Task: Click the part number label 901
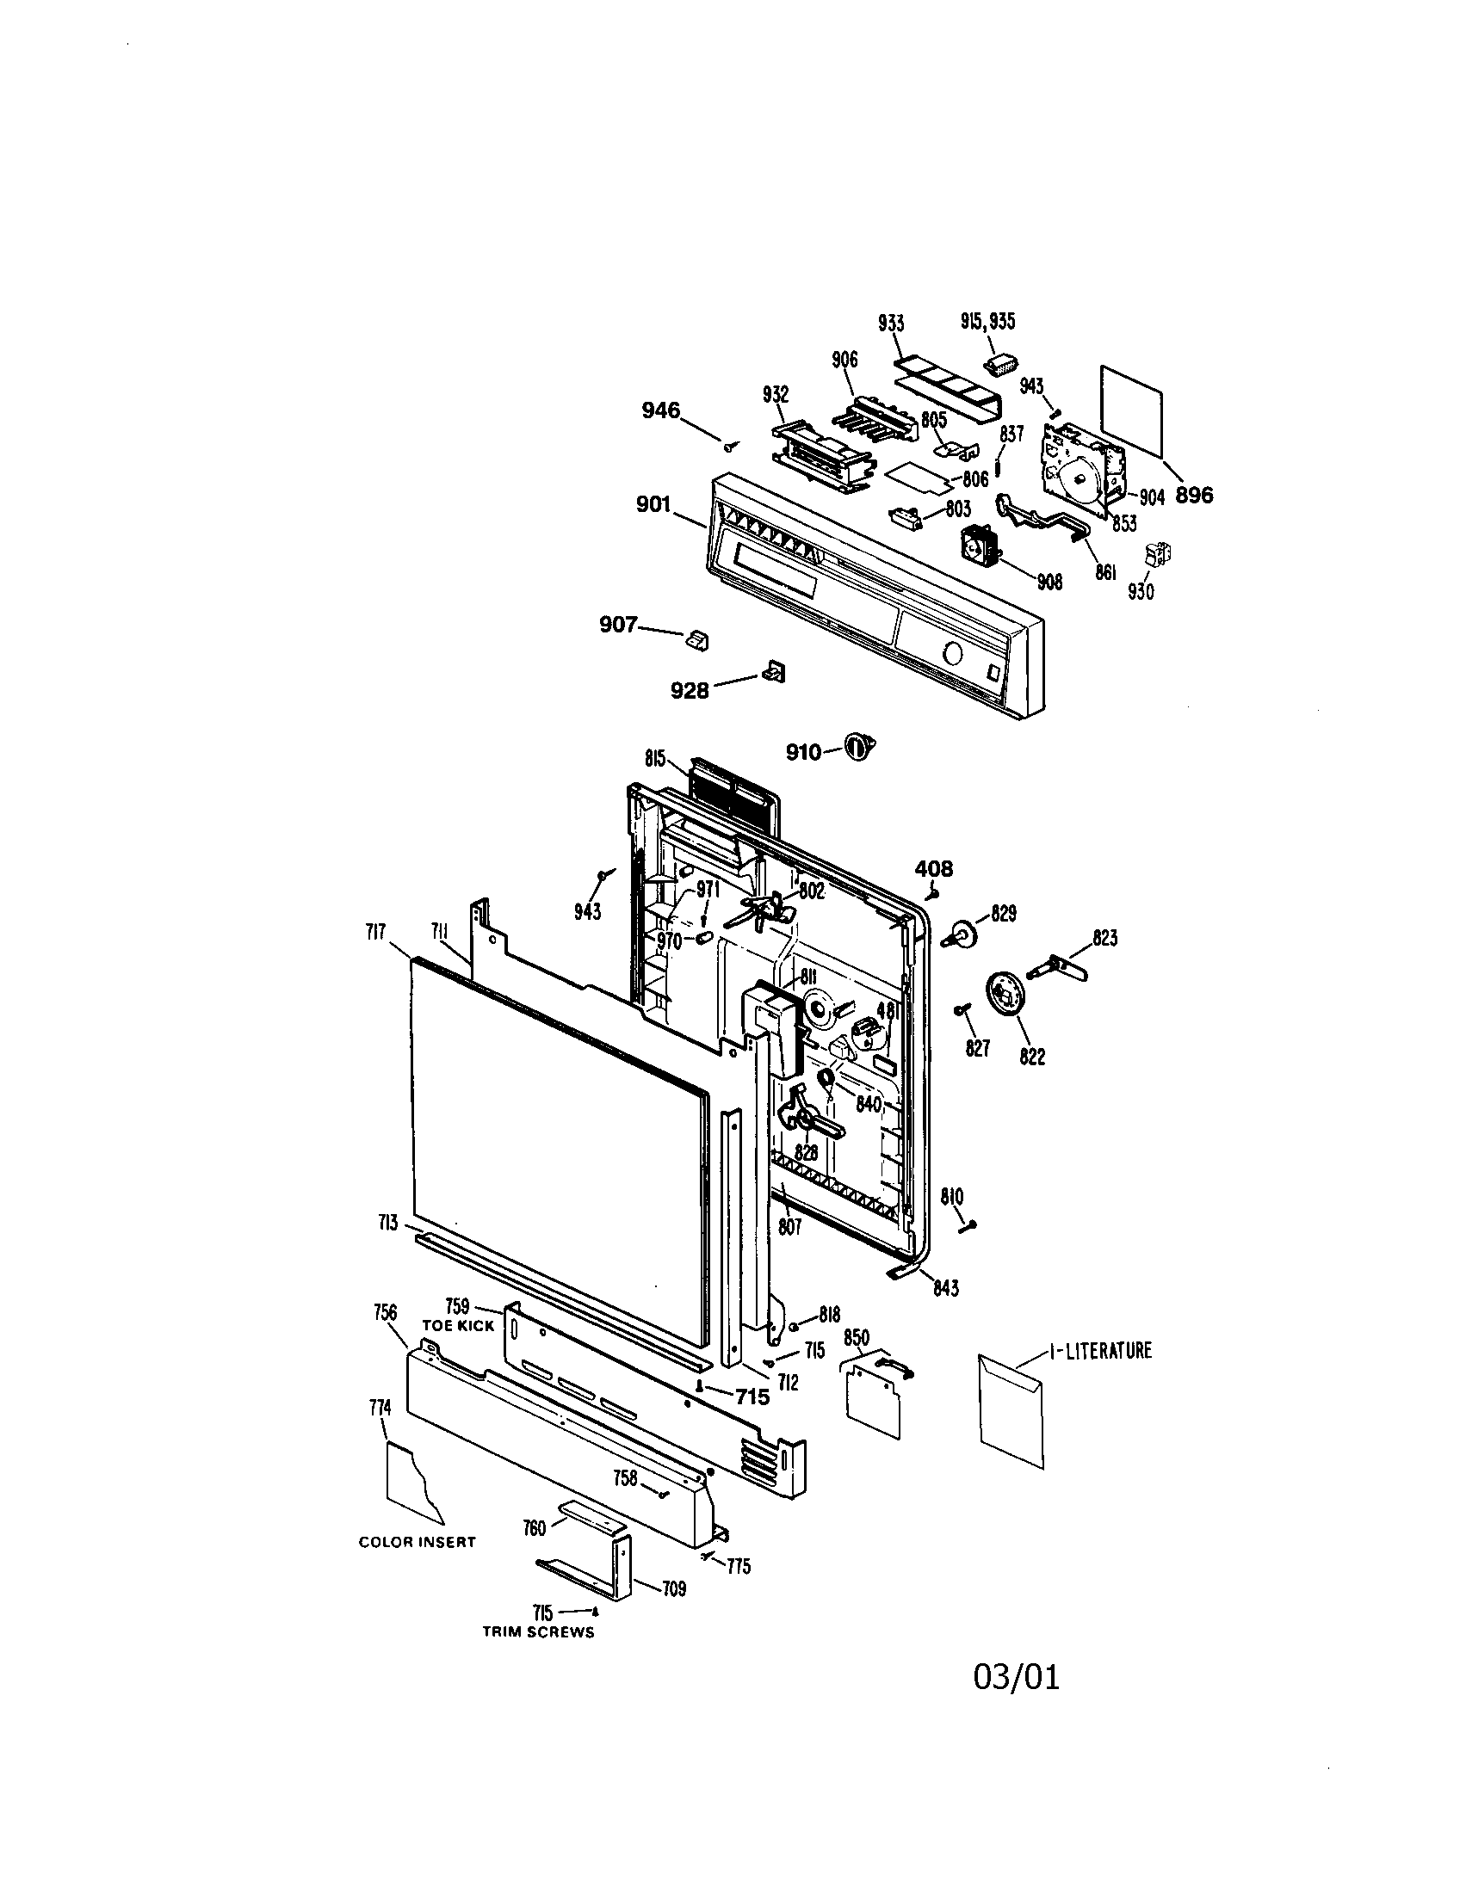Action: [x=653, y=503]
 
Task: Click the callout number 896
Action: [x=1194, y=495]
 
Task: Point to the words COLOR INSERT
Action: [x=417, y=1542]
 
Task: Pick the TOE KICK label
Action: [x=458, y=1325]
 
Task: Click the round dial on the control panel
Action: [x=951, y=655]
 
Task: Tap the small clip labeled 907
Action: [x=697, y=639]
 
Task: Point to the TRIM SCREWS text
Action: [x=538, y=1632]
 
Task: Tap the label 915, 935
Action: [x=987, y=322]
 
